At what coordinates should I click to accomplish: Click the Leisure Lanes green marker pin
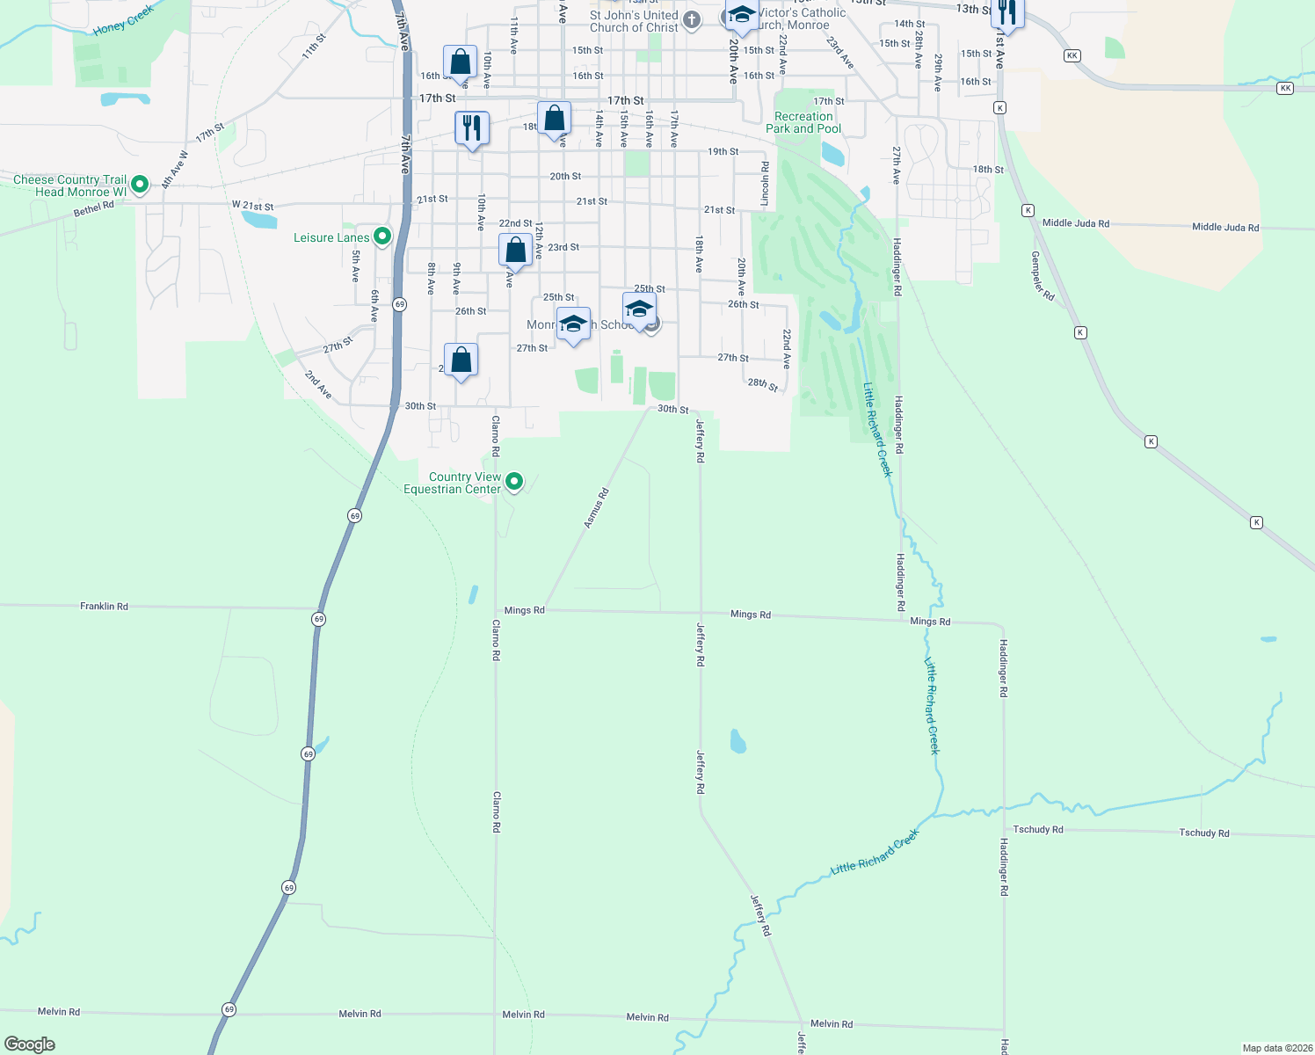382,236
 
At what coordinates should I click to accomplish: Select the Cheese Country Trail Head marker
139,185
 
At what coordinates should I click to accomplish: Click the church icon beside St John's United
692,20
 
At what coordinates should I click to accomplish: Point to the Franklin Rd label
104,607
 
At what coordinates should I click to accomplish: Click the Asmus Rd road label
597,508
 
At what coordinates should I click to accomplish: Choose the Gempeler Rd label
1043,276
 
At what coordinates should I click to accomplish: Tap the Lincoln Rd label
765,185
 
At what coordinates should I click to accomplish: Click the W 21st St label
253,206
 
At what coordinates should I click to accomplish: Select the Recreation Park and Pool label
803,122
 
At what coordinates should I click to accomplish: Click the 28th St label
762,384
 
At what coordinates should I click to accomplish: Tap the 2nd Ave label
318,384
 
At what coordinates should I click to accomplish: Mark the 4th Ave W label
175,170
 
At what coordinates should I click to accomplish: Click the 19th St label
723,151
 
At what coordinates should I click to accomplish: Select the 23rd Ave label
839,53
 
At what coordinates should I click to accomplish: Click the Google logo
30,1044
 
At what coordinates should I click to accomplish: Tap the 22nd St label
515,223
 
